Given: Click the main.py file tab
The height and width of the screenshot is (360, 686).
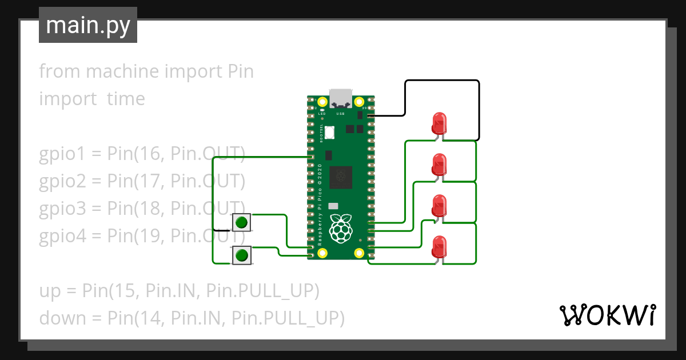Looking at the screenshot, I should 87,26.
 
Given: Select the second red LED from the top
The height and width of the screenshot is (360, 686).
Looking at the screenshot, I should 439,165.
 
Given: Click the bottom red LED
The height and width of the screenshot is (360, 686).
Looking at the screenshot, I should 439,247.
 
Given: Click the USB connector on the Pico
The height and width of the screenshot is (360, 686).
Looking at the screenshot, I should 341,98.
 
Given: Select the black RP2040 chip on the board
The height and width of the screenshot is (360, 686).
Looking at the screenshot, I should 342,177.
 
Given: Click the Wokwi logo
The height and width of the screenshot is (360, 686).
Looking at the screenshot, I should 607,315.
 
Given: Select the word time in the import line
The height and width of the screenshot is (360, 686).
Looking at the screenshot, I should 126,99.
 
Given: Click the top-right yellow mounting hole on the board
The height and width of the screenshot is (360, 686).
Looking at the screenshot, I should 360,102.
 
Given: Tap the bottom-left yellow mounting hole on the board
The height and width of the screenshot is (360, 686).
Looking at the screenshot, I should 323,252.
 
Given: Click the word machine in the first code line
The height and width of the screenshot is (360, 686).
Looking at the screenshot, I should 122,72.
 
